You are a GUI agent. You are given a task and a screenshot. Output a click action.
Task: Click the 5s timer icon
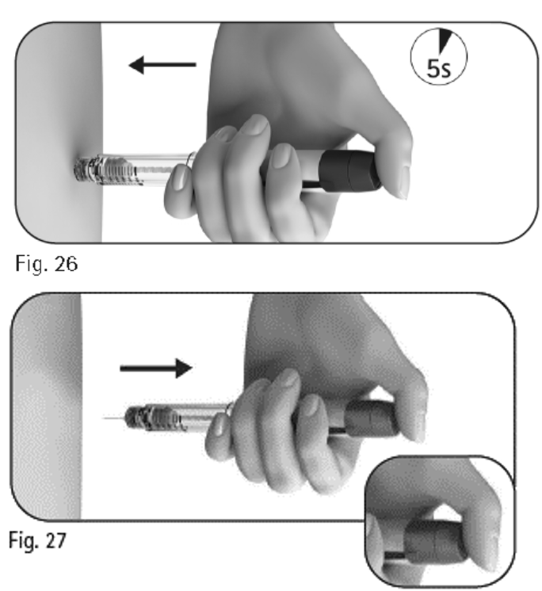click(438, 56)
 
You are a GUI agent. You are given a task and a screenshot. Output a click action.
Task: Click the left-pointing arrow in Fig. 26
click(162, 65)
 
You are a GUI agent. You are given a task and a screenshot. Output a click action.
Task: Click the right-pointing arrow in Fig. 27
click(156, 368)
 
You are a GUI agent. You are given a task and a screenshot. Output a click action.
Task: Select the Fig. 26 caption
click(47, 264)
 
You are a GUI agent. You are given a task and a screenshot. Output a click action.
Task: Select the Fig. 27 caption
click(37, 540)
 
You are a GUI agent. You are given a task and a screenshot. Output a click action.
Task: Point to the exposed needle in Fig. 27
click(114, 418)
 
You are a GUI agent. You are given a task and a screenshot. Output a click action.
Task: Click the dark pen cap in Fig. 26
click(349, 170)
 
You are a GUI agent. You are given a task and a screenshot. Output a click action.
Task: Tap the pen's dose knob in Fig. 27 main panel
click(371, 418)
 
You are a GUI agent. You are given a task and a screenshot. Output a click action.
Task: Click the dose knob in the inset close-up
click(433, 542)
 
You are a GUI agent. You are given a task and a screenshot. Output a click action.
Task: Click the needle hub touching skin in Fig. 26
click(86, 170)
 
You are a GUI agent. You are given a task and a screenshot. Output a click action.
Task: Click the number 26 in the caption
click(67, 264)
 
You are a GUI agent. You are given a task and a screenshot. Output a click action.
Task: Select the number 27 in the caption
click(55, 540)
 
